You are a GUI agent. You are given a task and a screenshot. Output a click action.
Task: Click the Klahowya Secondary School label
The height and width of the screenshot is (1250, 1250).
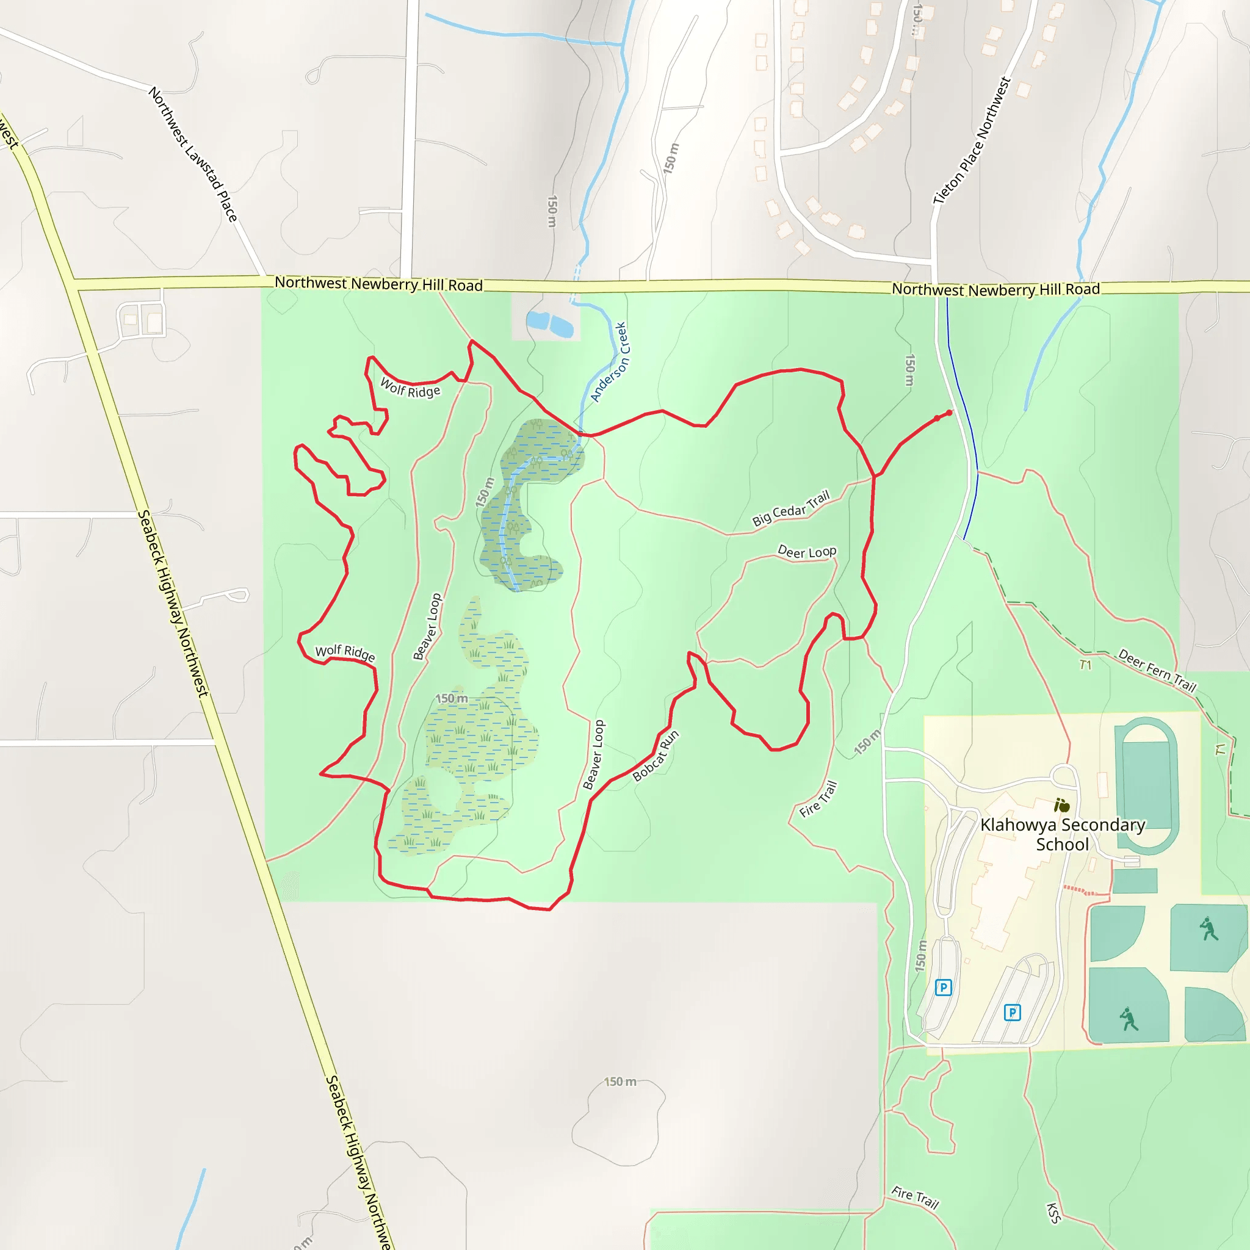pyautogui.click(x=1063, y=834)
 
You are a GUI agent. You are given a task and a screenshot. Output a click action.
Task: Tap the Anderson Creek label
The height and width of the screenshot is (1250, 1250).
pyautogui.click(x=609, y=363)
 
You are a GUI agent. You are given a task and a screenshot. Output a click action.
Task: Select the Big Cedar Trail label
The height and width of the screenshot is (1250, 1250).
pyautogui.click(x=790, y=508)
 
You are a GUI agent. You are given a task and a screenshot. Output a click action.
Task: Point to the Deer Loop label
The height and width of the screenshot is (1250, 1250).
pyautogui.click(x=807, y=552)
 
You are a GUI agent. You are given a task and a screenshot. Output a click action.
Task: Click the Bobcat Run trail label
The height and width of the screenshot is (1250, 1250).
pyautogui.click(x=656, y=756)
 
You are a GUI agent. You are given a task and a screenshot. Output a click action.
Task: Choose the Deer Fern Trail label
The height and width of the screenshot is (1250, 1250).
pyautogui.click(x=1157, y=670)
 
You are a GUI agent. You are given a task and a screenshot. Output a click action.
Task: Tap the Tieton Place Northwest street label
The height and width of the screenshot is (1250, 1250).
pyautogui.click(x=972, y=140)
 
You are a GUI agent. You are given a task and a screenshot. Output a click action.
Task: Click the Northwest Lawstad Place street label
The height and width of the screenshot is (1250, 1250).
pyautogui.click(x=193, y=154)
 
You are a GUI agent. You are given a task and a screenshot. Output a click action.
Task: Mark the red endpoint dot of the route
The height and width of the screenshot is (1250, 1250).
pyautogui.click(x=949, y=413)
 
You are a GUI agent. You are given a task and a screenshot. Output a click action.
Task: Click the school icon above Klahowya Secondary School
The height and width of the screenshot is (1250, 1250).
pyautogui.click(x=1062, y=806)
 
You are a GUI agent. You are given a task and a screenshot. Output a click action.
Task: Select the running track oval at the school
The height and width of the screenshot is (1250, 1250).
pyautogui.click(x=1145, y=786)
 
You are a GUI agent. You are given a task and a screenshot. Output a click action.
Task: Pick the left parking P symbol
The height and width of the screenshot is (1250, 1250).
pyautogui.click(x=944, y=988)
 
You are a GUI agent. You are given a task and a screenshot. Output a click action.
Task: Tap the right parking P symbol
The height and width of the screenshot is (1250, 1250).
pyautogui.click(x=1012, y=1013)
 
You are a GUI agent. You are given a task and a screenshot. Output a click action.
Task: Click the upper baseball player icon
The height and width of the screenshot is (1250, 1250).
pyautogui.click(x=1208, y=929)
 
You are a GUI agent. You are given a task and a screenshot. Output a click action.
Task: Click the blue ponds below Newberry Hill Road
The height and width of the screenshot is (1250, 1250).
pyautogui.click(x=550, y=324)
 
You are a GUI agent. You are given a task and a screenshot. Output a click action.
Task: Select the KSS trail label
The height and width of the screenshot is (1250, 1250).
pyautogui.click(x=1053, y=1213)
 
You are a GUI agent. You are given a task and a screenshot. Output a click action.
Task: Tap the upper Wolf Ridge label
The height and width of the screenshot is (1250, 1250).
pyautogui.click(x=410, y=388)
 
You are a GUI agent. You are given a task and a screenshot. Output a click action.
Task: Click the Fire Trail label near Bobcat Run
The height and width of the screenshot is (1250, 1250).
pyautogui.click(x=818, y=799)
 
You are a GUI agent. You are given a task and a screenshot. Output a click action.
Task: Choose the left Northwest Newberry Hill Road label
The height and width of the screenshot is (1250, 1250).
pyautogui.click(x=378, y=284)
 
